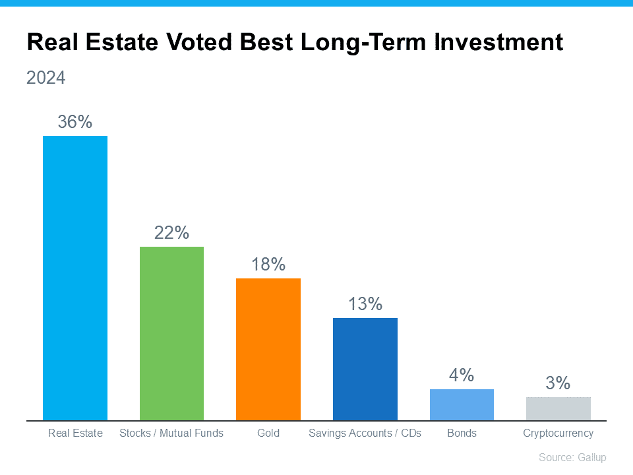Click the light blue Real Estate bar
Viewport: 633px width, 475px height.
click(75, 278)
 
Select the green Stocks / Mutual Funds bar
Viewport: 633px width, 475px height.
click(171, 333)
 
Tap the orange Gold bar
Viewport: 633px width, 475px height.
click(268, 349)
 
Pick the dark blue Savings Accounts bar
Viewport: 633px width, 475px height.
click(365, 369)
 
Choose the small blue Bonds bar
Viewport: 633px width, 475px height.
click(462, 404)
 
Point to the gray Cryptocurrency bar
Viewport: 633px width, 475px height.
click(558, 408)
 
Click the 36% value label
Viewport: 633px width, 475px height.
click(75, 122)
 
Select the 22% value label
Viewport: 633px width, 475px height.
click(171, 233)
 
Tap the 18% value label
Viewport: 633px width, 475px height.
click(268, 265)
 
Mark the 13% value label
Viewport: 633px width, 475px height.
click(365, 304)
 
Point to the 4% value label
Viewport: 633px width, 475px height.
click(462, 375)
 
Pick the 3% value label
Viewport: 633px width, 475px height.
click(558, 383)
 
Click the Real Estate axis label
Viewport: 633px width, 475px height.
click(75, 433)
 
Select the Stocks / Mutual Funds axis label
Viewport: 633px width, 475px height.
click(171, 433)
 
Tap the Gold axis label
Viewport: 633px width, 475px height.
click(268, 433)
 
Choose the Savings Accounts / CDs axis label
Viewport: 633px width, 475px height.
click(365, 433)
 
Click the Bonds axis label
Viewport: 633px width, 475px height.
click(462, 433)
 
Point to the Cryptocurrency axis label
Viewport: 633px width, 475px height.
click(558, 433)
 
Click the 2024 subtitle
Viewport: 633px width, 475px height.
click(46, 78)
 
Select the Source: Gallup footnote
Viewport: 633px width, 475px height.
click(572, 457)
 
